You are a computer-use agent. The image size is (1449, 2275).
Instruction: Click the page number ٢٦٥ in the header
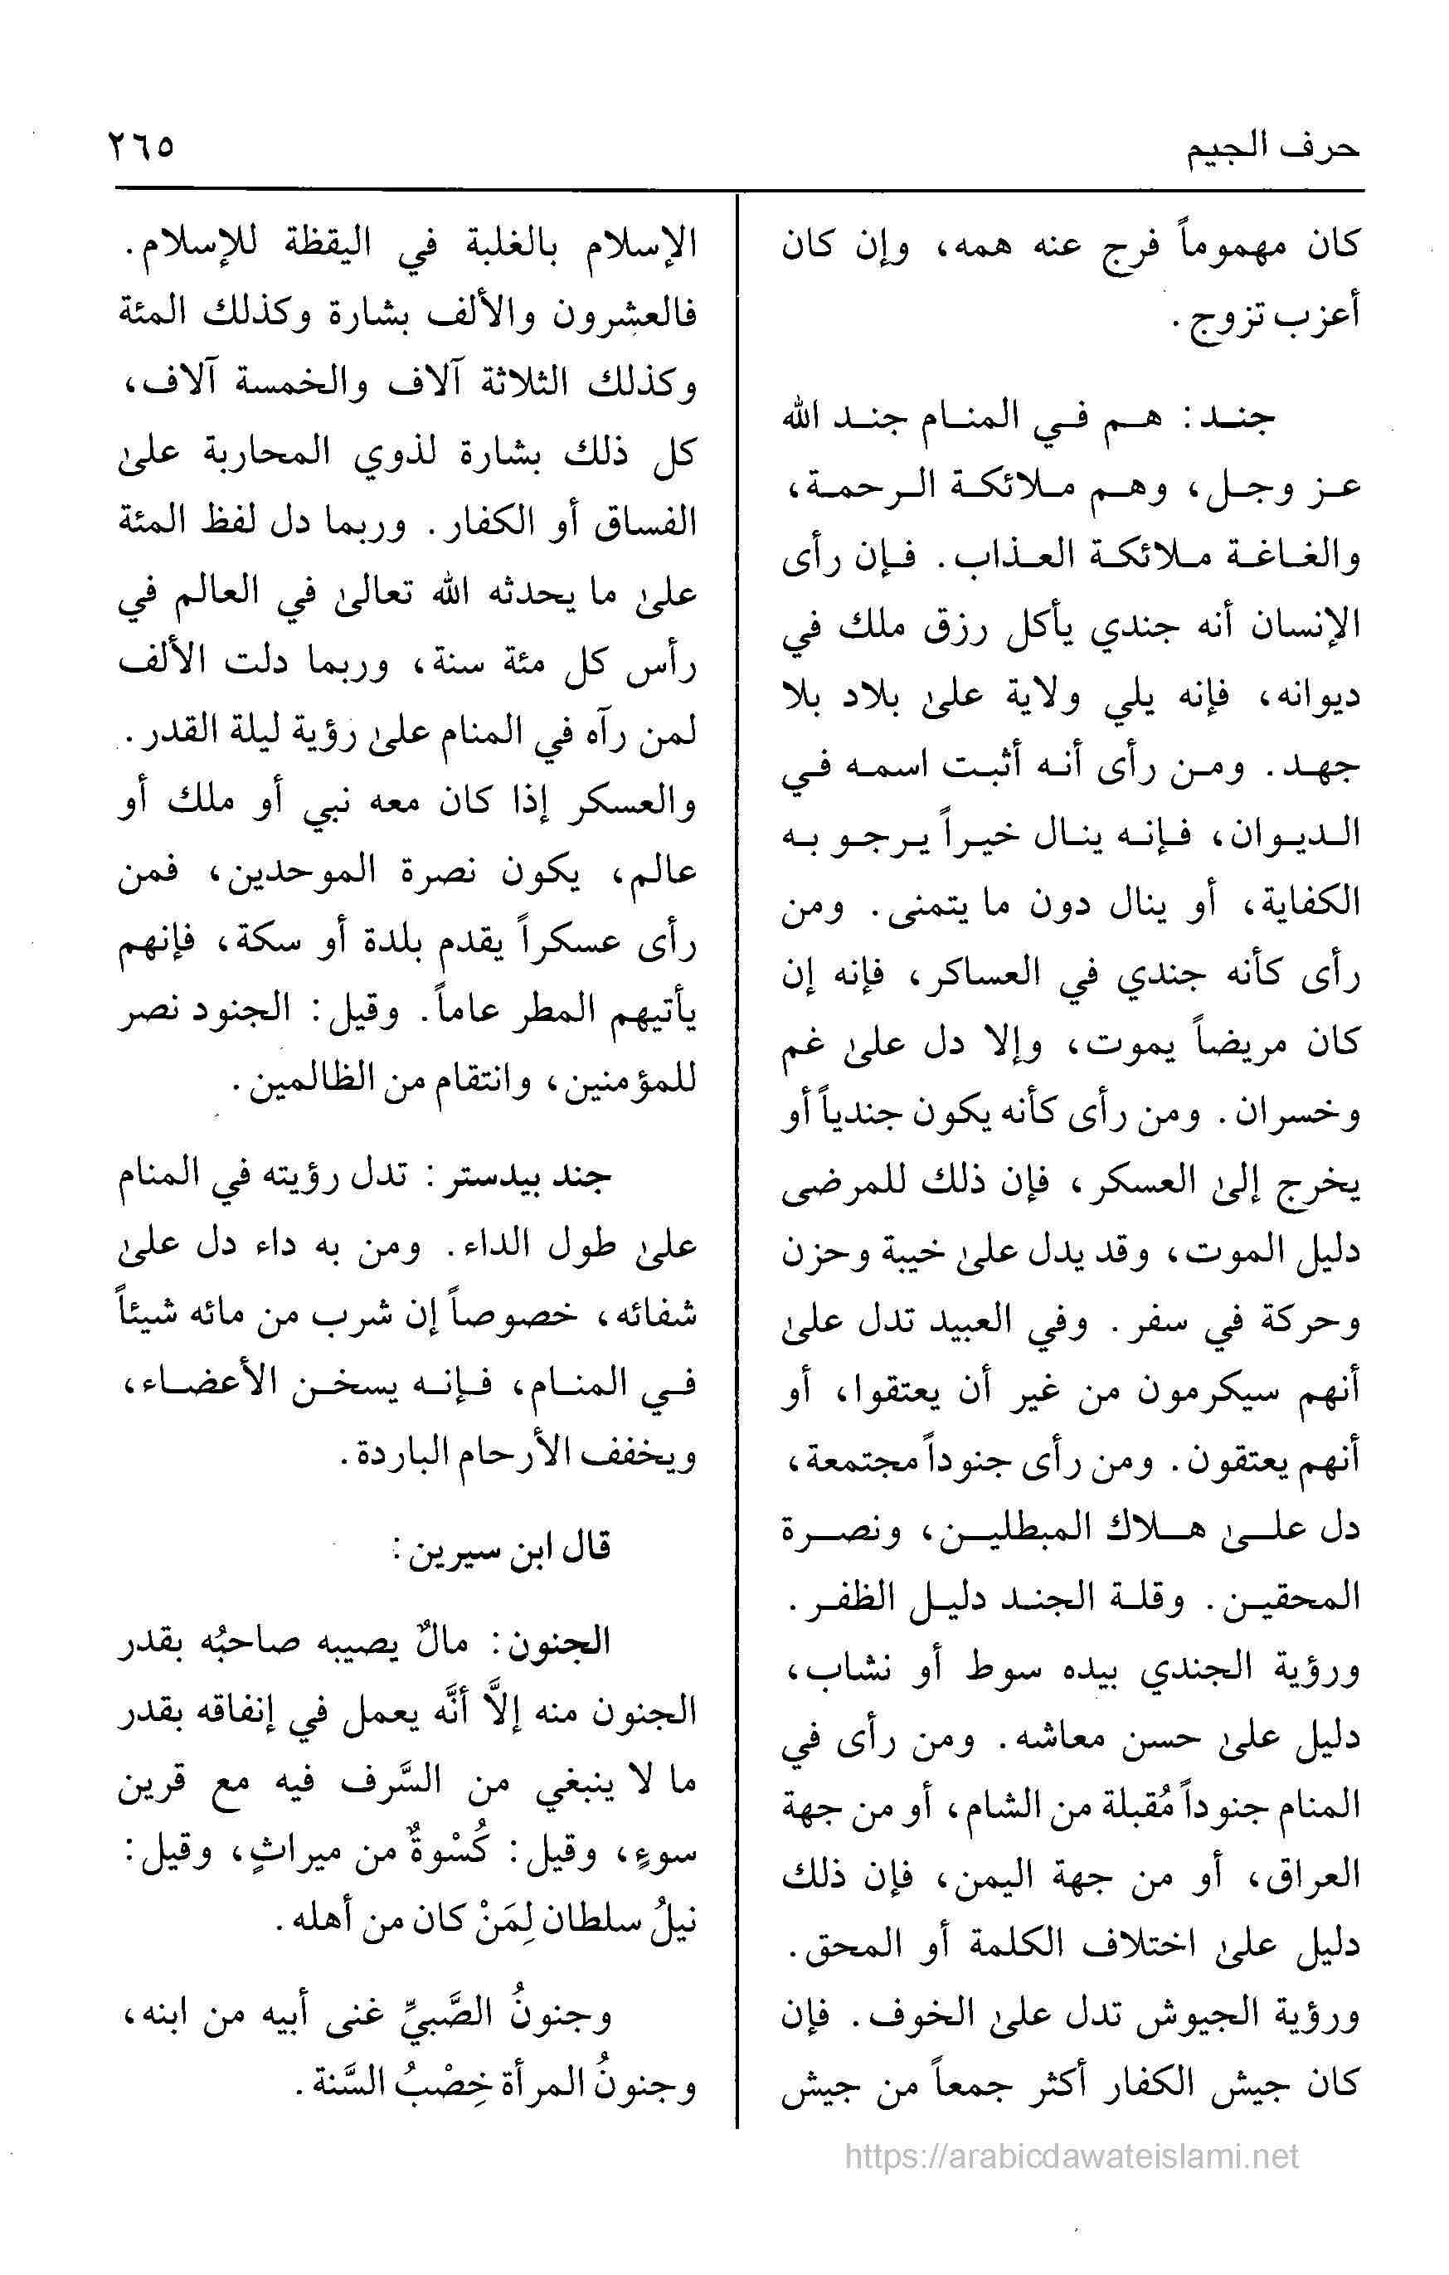143,148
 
